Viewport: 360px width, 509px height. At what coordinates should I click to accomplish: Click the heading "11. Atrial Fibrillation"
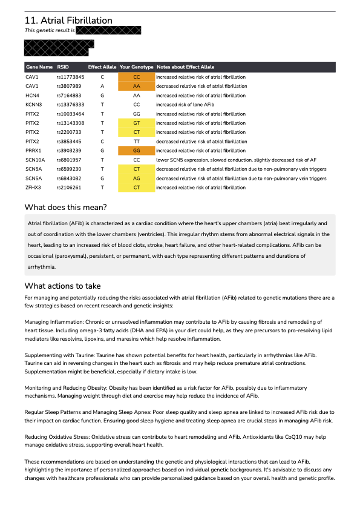coord(68,21)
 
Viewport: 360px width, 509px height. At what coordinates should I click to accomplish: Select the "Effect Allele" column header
coord(101,67)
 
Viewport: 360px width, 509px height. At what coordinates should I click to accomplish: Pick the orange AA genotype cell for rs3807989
coord(136,87)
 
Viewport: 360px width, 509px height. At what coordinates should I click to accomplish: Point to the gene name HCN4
coord(32,96)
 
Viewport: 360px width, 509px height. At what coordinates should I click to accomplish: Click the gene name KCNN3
coord(33,105)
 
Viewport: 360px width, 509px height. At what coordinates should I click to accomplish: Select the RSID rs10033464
coord(70,114)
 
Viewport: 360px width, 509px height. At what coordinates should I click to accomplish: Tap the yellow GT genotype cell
coord(136,123)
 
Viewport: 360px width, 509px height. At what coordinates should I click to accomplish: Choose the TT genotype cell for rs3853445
coord(136,141)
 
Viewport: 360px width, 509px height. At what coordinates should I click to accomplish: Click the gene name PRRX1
coord(33,150)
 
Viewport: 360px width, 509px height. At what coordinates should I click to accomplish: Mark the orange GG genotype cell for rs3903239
coord(136,150)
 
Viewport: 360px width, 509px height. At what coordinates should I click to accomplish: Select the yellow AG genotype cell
coord(136,179)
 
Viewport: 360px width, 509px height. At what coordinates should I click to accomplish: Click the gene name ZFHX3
coord(33,188)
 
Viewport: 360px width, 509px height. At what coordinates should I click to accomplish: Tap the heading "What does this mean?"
coord(65,208)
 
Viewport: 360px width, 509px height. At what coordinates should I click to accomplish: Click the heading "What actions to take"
coord(62,286)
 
